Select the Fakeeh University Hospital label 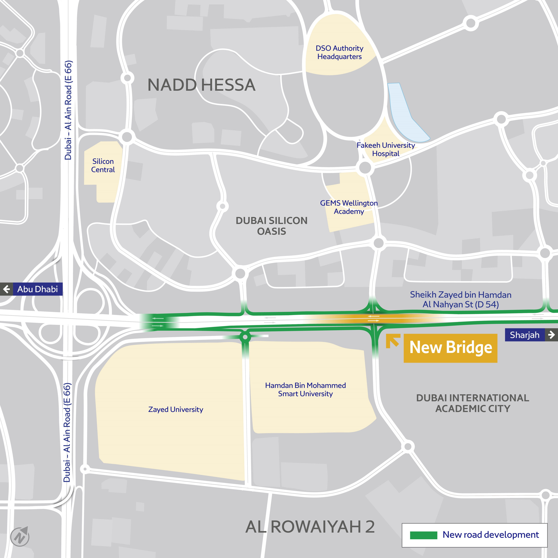click(x=386, y=149)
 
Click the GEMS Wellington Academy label click(x=349, y=207)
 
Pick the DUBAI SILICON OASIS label click(x=271, y=226)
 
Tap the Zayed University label click(x=176, y=409)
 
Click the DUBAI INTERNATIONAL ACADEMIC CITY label click(x=473, y=403)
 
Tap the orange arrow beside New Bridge click(x=393, y=341)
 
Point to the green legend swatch click(x=423, y=535)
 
